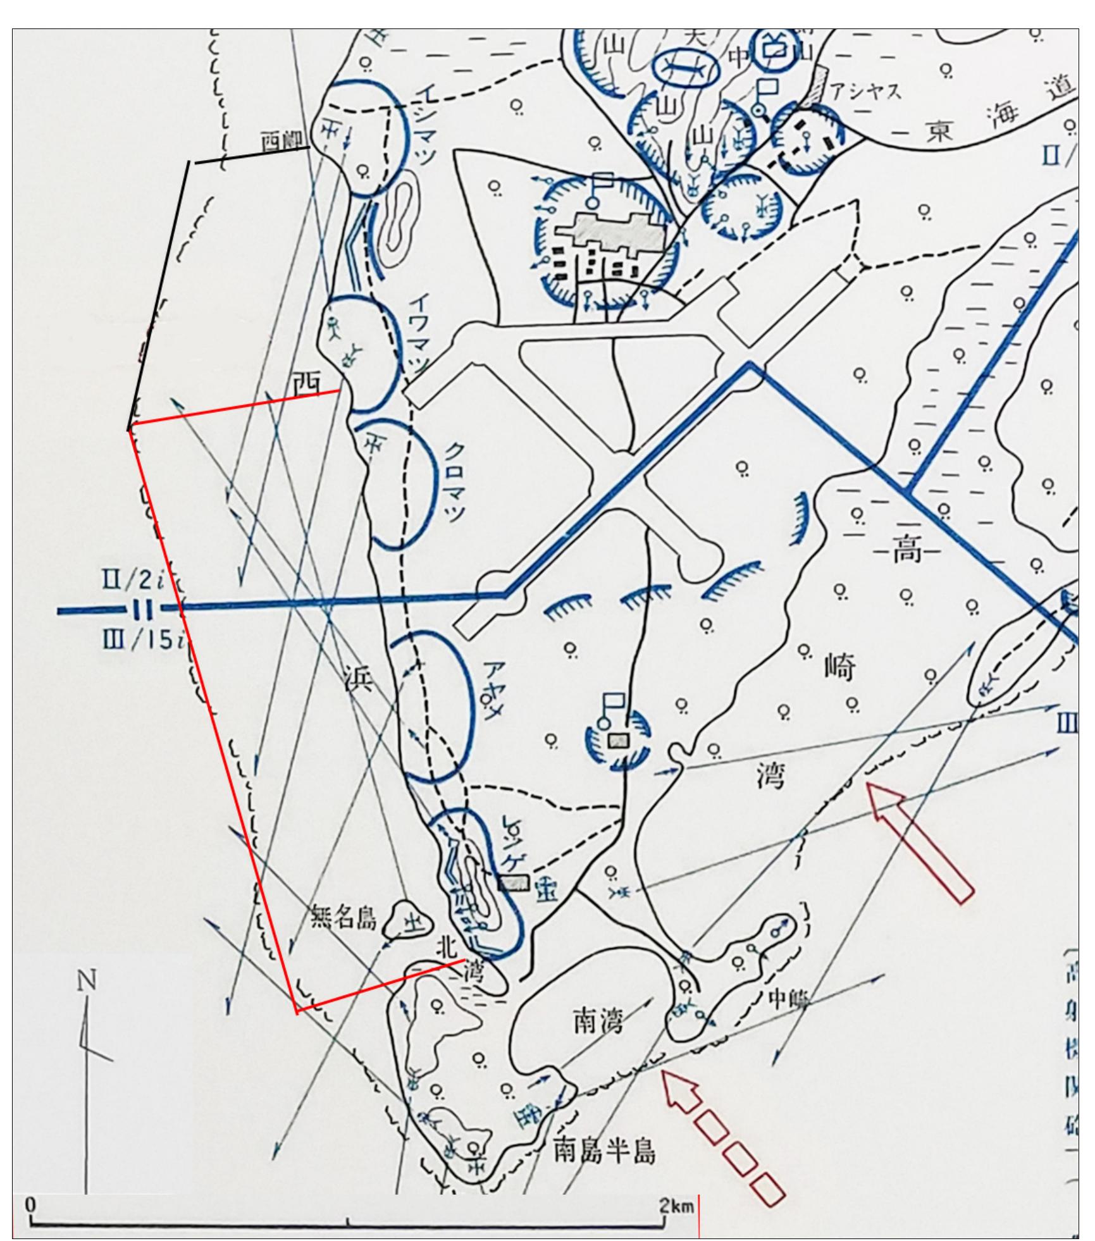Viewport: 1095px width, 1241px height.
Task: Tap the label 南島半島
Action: [x=604, y=1152]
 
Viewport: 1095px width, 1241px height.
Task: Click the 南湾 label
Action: [x=598, y=1024]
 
